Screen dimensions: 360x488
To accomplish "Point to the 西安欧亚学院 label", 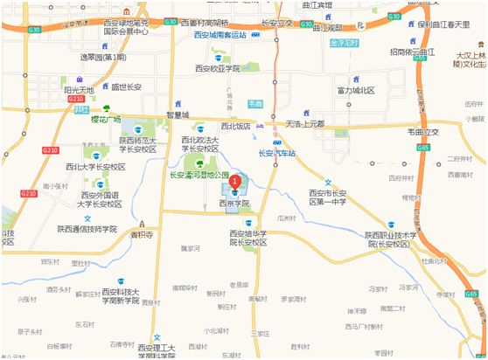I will pyautogui.click(x=217, y=67).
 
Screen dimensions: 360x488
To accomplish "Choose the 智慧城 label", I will pyautogui.click(x=176, y=113).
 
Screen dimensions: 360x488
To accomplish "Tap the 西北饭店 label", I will pyautogui.click(x=236, y=126).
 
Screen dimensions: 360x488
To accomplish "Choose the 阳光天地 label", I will pyautogui.click(x=79, y=88).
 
